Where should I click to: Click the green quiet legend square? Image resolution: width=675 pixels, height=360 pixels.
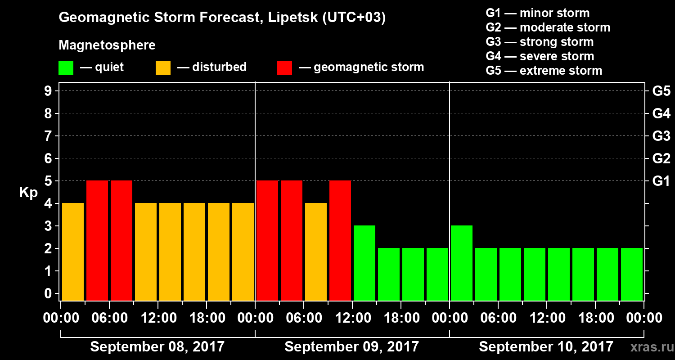66,68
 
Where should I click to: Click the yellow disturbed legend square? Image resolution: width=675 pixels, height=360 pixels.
163,68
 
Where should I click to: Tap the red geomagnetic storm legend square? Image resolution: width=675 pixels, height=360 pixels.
284,68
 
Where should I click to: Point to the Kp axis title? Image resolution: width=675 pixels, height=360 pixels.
28,193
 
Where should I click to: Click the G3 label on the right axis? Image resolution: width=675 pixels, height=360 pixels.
661,136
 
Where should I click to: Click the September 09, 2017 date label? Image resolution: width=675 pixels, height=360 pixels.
351,347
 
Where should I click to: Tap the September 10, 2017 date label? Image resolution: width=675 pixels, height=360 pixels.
546,347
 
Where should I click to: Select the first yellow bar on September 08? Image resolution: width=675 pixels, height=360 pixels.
73,252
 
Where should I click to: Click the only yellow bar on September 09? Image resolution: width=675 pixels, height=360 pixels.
316,252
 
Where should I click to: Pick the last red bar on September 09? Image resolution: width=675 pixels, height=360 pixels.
340,240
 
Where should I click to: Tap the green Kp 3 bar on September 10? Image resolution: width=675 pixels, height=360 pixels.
462,263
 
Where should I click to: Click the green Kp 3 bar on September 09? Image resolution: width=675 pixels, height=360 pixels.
364,263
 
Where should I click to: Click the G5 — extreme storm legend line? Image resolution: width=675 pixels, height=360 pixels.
544,71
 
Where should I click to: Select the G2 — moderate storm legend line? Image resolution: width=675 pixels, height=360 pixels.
548,27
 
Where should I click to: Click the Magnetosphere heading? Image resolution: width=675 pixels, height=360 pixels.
107,45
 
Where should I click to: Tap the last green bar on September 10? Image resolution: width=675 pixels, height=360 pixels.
632,274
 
